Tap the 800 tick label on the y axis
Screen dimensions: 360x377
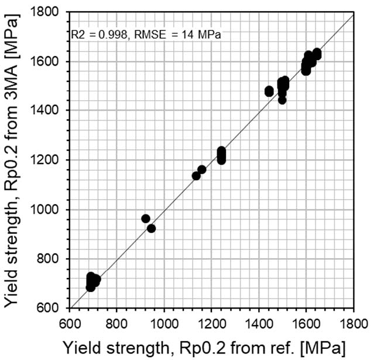pos(52,259)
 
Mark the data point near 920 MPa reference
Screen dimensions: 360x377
pos(146,218)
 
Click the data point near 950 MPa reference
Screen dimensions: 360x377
pos(152,228)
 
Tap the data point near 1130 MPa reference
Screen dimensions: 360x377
pos(196,176)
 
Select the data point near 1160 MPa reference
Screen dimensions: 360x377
pos(202,170)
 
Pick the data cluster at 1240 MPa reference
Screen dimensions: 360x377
pos(221,155)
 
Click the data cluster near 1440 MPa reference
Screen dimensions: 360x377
pos(269,91)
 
